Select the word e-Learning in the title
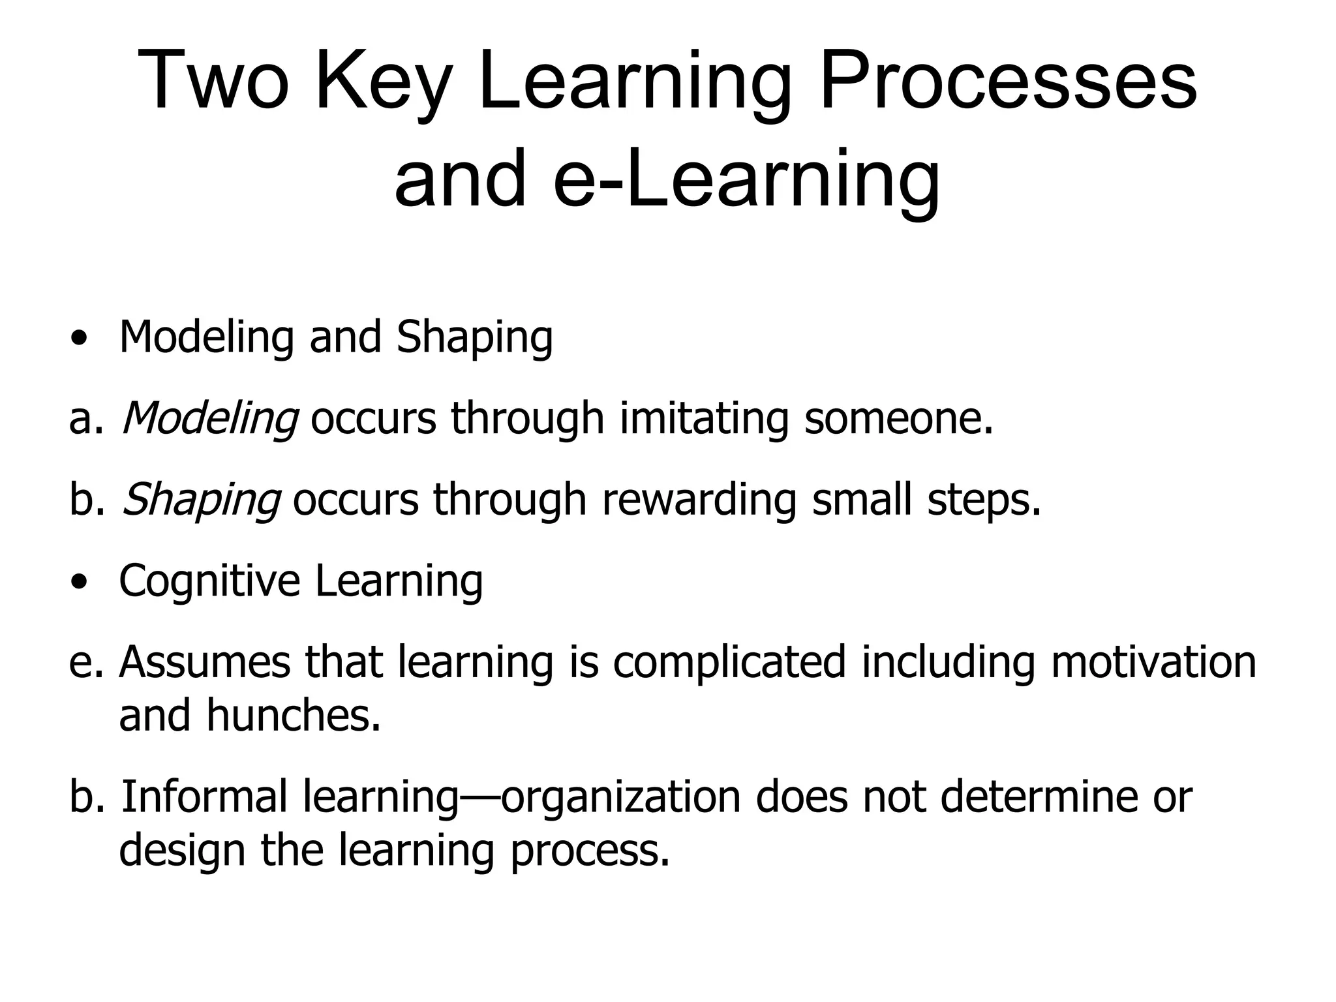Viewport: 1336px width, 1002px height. tap(746, 177)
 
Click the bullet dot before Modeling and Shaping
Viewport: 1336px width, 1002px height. tap(80, 339)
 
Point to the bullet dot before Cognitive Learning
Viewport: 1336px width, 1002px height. tap(80, 583)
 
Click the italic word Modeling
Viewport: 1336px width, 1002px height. tap(210, 418)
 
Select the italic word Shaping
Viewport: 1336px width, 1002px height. tap(201, 500)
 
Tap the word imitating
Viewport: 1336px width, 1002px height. tap(704, 418)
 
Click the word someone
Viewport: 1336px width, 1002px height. tap(898, 418)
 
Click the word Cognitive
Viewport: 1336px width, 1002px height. tap(209, 581)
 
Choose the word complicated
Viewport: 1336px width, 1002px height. tap(729, 662)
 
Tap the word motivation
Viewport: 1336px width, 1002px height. tap(1153, 662)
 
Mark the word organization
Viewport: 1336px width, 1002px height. tap(620, 797)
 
